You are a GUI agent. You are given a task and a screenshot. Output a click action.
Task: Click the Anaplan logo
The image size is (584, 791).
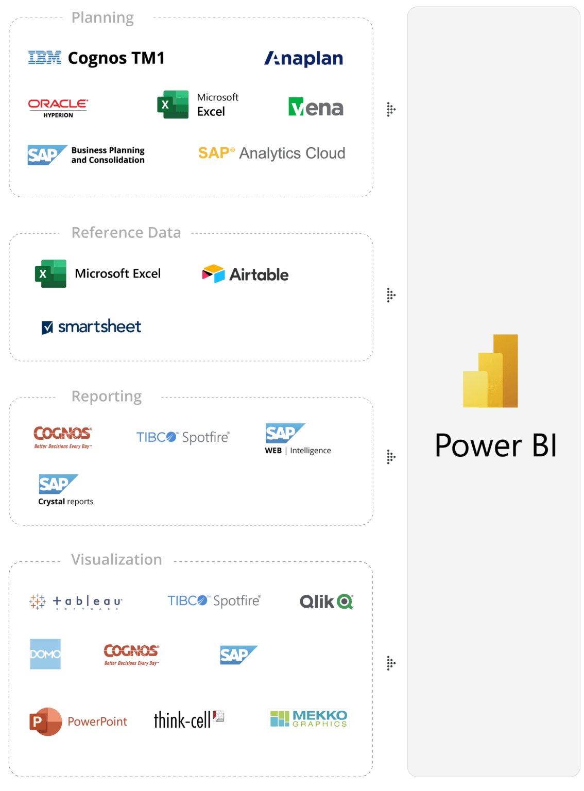pyautogui.click(x=304, y=59)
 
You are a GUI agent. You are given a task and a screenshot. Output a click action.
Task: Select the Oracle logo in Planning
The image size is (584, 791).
pyautogui.click(x=58, y=105)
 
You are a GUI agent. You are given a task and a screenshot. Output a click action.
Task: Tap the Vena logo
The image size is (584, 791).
pyautogui.click(x=316, y=107)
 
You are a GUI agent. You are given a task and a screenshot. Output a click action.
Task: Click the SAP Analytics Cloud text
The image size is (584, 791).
pyautogui.click(x=271, y=153)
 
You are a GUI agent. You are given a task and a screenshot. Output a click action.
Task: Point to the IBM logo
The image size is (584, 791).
pyautogui.click(x=45, y=58)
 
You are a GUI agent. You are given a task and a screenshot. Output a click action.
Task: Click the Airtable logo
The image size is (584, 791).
pyautogui.click(x=245, y=274)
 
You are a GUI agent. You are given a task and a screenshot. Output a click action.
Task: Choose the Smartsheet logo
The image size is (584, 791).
pyautogui.click(x=91, y=326)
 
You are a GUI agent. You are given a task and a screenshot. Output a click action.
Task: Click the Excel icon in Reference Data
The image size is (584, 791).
pyautogui.click(x=50, y=273)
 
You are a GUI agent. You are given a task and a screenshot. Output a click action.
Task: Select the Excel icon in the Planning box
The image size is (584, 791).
pyautogui.click(x=173, y=105)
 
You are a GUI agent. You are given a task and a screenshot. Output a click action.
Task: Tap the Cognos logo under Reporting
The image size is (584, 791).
pyautogui.click(x=63, y=436)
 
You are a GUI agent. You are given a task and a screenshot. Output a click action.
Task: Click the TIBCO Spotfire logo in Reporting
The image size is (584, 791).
pyautogui.click(x=183, y=437)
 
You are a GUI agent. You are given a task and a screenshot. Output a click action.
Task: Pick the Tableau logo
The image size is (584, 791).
pyautogui.click(x=76, y=601)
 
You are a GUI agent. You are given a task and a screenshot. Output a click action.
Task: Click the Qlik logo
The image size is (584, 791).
pyautogui.click(x=326, y=601)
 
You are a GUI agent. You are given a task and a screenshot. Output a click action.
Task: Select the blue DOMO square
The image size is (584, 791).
pyautogui.click(x=45, y=654)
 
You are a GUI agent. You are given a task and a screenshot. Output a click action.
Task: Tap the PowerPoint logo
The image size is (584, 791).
pyautogui.click(x=78, y=721)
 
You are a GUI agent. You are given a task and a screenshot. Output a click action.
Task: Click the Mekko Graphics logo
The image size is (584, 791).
pyautogui.click(x=308, y=718)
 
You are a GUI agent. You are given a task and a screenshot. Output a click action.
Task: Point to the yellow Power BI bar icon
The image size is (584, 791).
pyautogui.click(x=490, y=371)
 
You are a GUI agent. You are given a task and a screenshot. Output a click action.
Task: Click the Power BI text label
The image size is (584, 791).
pyautogui.click(x=495, y=445)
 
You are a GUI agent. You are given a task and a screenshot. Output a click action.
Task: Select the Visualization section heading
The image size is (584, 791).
pyautogui.click(x=116, y=560)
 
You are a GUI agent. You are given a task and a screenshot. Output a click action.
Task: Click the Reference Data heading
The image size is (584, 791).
pyautogui.click(x=126, y=233)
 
